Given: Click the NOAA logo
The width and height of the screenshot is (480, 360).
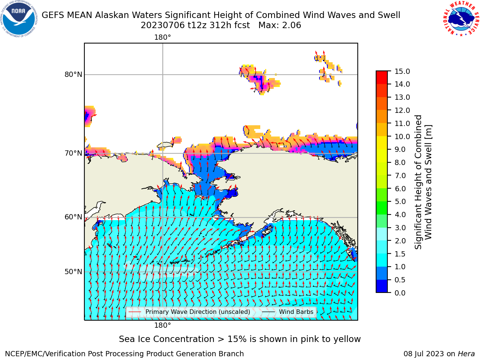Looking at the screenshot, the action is [19, 19].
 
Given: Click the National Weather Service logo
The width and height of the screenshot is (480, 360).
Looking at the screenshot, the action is [461, 19].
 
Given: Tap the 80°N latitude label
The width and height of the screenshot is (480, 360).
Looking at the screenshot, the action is [73, 75].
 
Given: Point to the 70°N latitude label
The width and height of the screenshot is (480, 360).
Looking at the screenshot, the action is [73, 153].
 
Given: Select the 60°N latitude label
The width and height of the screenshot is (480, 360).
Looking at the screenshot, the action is [73, 217].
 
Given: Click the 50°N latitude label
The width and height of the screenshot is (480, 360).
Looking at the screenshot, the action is [73, 272].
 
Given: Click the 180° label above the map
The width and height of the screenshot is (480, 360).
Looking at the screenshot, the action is [162, 37].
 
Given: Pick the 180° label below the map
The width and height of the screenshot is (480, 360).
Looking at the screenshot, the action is [162, 325].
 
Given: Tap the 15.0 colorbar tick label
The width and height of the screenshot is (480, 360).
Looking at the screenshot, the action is [402, 71].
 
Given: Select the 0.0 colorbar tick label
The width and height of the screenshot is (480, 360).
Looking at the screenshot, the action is [400, 293].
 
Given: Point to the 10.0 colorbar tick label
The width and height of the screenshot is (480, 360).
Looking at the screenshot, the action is [402, 136].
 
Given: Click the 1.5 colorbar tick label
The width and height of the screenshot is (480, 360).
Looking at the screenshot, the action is [400, 254].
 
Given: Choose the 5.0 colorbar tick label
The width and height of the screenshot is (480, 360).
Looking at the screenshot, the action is [400, 201].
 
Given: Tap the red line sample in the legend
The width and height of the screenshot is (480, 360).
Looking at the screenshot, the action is [135, 312].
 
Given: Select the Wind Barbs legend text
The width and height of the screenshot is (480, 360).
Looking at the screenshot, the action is [296, 312].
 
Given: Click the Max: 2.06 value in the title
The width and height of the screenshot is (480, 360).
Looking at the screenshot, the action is [280, 25].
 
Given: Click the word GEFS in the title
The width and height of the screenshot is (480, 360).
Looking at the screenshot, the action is [53, 15].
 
